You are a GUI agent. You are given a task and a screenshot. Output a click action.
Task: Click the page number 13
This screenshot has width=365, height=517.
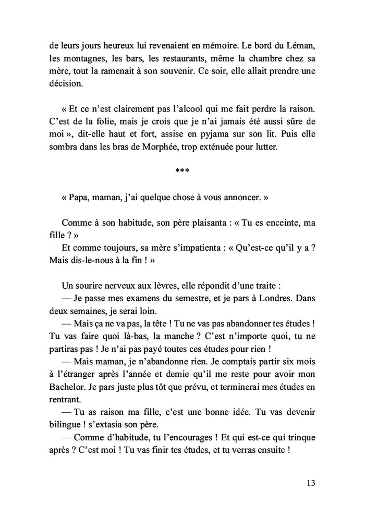pos(311,483)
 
